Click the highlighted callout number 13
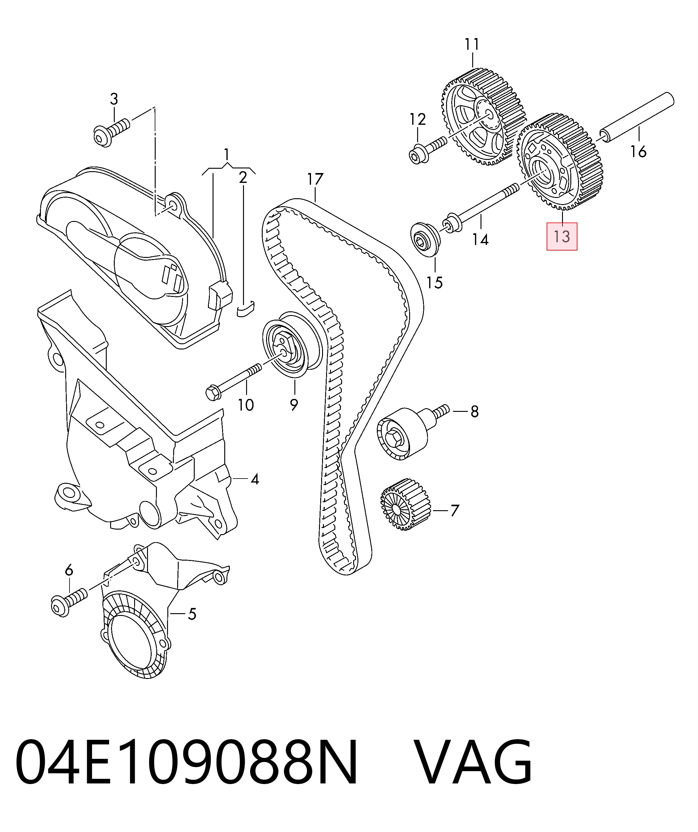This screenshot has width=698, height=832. (562, 237)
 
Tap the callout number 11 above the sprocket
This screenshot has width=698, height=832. (472, 44)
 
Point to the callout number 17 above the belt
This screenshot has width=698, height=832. (315, 179)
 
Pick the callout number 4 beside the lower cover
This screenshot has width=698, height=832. (255, 480)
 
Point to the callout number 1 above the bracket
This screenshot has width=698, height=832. (226, 154)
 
